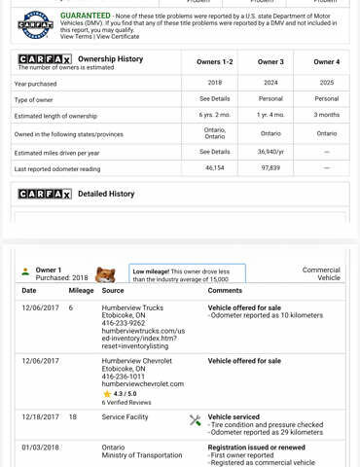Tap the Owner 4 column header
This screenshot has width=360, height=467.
(x=326, y=61)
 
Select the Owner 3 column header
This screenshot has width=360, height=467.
(x=270, y=61)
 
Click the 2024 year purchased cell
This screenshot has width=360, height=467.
(x=270, y=83)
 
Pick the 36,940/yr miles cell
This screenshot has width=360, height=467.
(x=270, y=152)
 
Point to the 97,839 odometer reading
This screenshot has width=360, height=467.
(x=270, y=168)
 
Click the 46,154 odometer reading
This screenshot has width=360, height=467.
(x=214, y=168)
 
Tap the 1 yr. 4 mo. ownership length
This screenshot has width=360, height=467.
(x=270, y=115)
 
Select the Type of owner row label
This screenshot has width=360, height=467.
(x=33, y=99)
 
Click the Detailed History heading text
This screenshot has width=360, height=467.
(x=106, y=194)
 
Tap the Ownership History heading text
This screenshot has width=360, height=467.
(x=110, y=59)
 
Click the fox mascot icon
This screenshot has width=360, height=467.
(x=105, y=275)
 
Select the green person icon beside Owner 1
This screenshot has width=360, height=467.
(x=25, y=271)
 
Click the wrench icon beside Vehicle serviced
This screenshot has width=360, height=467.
(x=195, y=420)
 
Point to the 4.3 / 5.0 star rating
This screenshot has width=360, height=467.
(x=126, y=393)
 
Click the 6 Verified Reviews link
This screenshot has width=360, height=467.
(x=126, y=402)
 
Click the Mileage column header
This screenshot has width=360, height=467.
(x=81, y=290)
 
